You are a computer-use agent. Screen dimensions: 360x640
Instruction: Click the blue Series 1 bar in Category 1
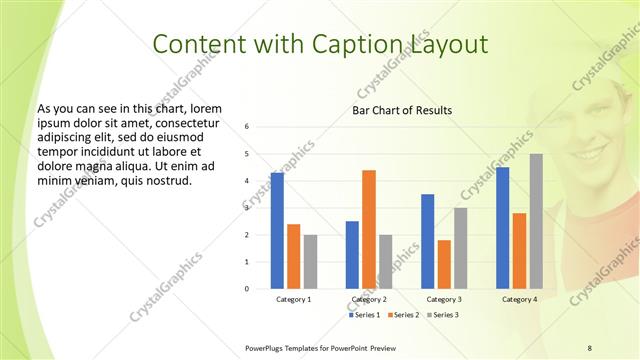(277, 231)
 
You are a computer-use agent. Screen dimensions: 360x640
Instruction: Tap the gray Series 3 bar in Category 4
(536, 221)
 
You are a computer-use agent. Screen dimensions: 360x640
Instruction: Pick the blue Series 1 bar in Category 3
(428, 241)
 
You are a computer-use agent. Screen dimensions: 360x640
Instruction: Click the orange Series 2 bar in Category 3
(444, 264)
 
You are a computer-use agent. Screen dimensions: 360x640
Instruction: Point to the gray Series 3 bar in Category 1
(310, 261)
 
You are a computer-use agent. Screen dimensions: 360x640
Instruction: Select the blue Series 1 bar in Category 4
(502, 228)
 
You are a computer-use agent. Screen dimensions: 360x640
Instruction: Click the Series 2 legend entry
(403, 315)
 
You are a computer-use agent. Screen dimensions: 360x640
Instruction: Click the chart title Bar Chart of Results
(402, 110)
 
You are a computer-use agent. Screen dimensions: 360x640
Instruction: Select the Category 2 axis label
(369, 299)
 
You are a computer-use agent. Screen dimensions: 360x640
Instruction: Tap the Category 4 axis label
(519, 299)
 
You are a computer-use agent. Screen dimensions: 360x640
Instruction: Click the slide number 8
(589, 347)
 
